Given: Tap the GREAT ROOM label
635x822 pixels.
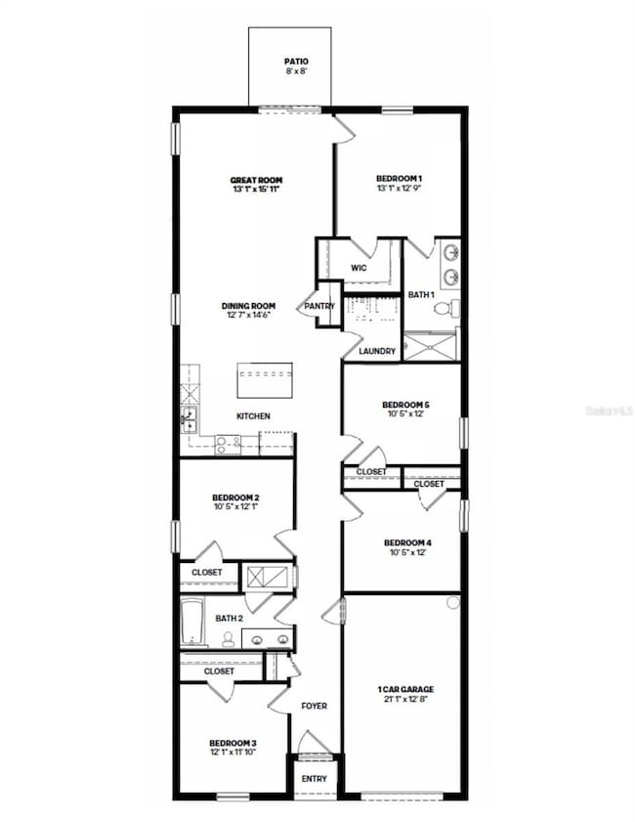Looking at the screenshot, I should click(x=256, y=180).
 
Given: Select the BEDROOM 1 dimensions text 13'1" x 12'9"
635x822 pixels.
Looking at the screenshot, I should click(x=399, y=189).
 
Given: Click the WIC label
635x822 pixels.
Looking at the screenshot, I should click(x=359, y=268).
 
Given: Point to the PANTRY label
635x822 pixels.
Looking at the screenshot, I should click(x=319, y=306).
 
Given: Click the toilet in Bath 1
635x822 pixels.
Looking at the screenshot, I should click(x=443, y=308).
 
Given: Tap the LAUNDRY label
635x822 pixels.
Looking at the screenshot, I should click(x=376, y=351).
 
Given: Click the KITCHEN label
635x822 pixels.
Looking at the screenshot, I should click(x=253, y=416).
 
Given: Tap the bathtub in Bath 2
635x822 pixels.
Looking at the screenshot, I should click(x=192, y=622).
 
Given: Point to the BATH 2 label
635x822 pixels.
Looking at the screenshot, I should click(x=229, y=618).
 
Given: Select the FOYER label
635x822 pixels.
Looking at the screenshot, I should click(x=314, y=706).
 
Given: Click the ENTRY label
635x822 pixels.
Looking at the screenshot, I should click(x=315, y=779).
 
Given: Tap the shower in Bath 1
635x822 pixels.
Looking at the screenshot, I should click(x=430, y=346).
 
